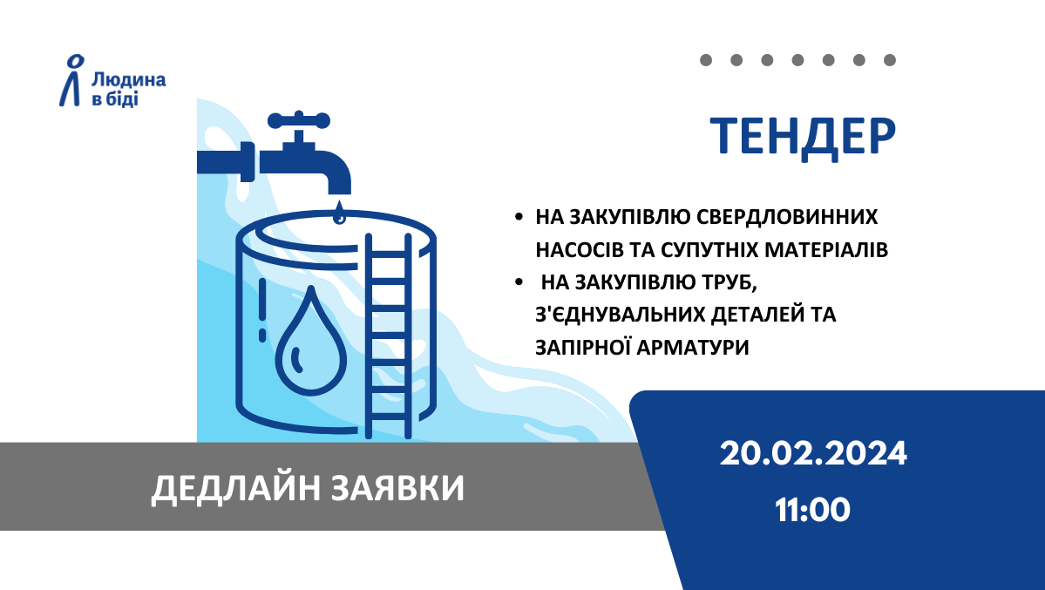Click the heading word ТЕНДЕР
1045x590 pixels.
803,138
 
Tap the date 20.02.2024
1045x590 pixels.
813,454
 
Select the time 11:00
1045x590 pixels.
812,510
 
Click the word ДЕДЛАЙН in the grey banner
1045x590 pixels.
236,489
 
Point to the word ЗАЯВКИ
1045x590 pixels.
398,488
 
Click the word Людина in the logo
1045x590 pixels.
129,81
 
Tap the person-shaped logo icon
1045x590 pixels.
72,80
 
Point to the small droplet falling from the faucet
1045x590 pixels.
339,212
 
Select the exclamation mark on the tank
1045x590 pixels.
262,310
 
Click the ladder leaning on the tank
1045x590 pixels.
389,336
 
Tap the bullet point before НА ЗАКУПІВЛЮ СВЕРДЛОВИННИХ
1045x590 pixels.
519,217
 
